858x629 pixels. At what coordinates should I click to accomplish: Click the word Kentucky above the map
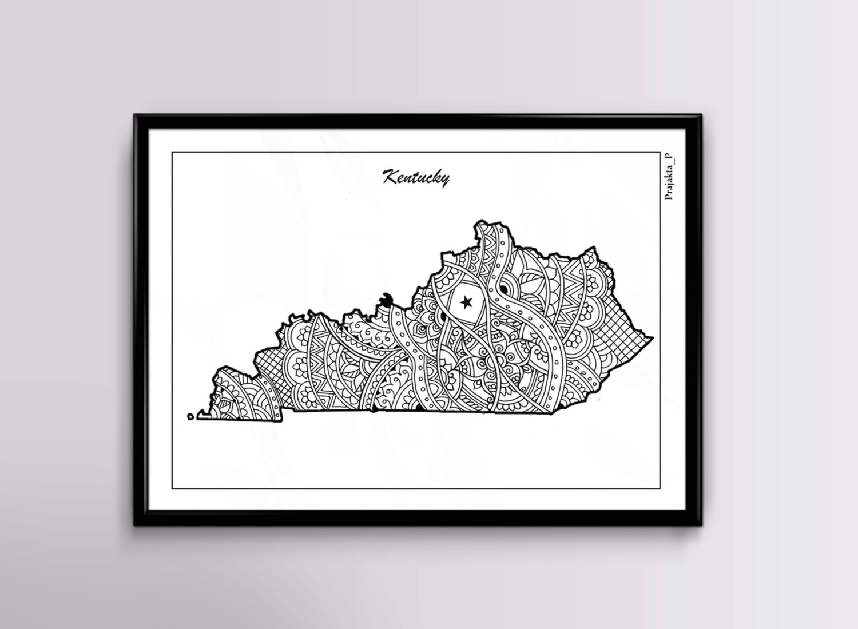click(x=416, y=177)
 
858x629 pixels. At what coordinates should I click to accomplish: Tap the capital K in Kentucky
click(x=390, y=176)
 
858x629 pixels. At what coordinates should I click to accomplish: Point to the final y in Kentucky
click(x=444, y=180)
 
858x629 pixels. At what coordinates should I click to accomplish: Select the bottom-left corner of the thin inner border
click(x=173, y=489)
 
